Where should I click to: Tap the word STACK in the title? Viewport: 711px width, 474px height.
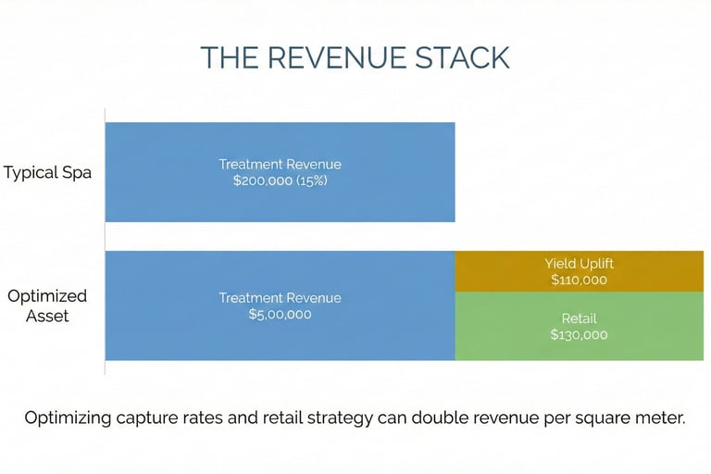pos(463,57)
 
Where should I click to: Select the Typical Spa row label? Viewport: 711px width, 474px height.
pos(47,173)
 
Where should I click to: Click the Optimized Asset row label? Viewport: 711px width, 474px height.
pos(47,306)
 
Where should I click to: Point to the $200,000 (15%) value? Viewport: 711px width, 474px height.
pos(280,181)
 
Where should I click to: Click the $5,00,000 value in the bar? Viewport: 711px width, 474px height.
pos(280,315)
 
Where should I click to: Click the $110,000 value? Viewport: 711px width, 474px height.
pos(579,280)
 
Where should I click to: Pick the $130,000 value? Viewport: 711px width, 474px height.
pos(579,334)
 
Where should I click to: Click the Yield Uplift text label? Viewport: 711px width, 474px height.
pos(579,264)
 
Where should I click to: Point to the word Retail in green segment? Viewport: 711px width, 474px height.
pos(579,318)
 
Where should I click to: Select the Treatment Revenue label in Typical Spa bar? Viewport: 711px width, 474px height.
pos(280,165)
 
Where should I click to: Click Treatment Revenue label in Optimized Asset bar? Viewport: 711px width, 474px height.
pos(280,298)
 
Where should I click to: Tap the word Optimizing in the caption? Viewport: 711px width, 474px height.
pos(70,418)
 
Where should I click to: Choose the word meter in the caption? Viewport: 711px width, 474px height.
pos(658,418)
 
